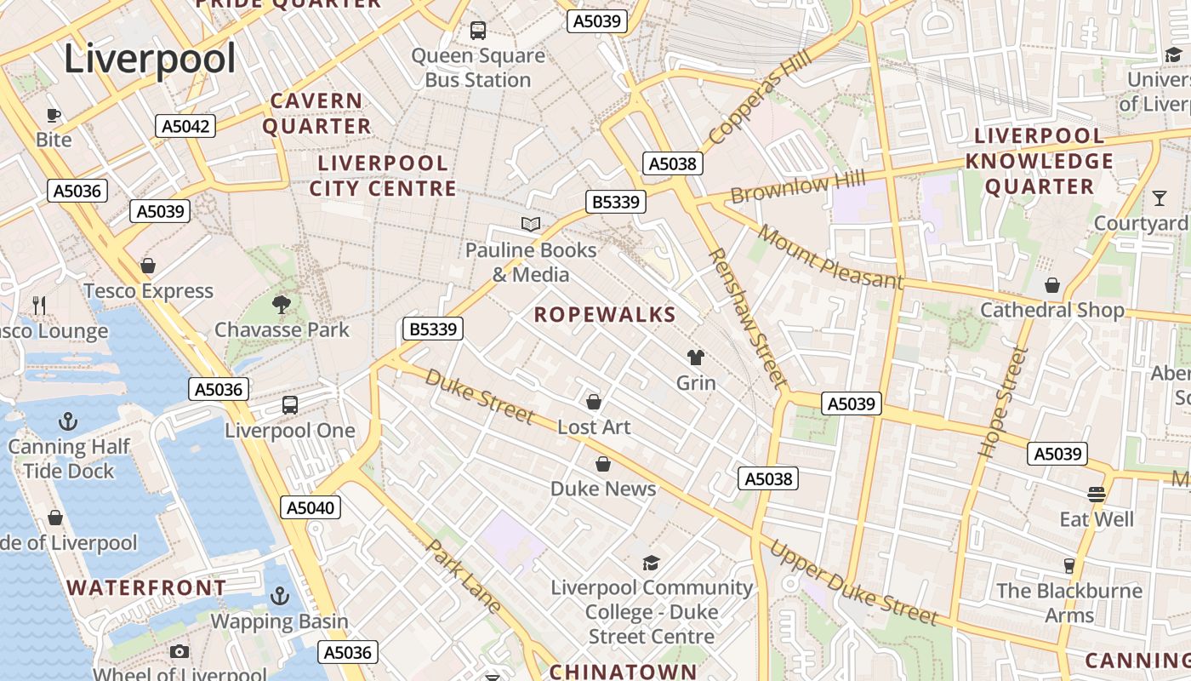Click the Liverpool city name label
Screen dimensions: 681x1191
tap(150, 60)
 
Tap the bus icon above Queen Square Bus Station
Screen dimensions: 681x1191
tap(478, 31)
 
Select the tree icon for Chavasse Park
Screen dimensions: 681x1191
tap(282, 304)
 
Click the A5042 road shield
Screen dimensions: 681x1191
tap(185, 127)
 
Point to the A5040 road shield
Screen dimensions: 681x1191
tap(311, 508)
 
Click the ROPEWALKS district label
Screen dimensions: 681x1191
tap(605, 315)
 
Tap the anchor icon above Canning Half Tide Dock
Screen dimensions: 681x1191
tap(67, 421)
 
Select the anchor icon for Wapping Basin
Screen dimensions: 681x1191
tap(279, 596)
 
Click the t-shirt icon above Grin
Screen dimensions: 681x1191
tap(696, 358)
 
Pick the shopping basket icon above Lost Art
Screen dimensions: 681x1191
tap(594, 401)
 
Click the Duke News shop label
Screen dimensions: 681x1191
tap(603, 489)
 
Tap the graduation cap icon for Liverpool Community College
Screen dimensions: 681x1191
tap(651, 563)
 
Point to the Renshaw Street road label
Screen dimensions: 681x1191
tap(746, 317)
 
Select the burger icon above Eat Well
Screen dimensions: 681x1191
tap(1097, 494)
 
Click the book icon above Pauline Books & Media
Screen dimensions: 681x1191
tap(531, 224)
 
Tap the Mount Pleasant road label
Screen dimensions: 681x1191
tap(829, 256)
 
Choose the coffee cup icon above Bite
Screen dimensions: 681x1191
tap(54, 115)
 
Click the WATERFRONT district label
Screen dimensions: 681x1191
tap(146, 587)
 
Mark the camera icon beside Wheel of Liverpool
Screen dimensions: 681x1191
tap(179, 652)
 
